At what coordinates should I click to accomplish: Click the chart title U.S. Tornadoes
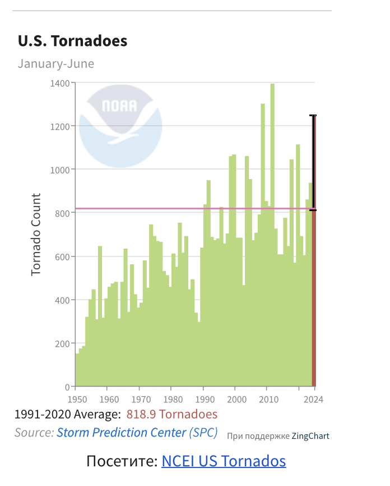(72, 41)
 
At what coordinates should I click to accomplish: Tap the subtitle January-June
(55, 63)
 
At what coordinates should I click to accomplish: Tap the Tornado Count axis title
(36, 234)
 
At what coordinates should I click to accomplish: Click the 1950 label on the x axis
(77, 400)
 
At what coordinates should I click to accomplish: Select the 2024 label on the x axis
(314, 400)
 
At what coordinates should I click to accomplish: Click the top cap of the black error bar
(313, 116)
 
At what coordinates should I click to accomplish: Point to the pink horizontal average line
(168, 209)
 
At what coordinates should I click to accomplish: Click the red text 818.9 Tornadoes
(171, 415)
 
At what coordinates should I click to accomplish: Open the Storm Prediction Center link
(121, 433)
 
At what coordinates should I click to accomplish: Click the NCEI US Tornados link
(224, 461)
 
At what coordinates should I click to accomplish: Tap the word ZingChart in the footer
(310, 436)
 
